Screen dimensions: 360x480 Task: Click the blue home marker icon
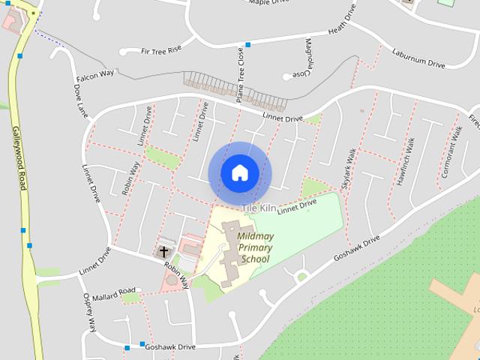point(240,173)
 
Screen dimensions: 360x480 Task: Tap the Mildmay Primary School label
point(255,248)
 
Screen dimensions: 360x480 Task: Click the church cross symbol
point(163,252)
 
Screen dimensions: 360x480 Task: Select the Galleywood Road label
point(19,157)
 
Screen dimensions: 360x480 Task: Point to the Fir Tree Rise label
point(161,50)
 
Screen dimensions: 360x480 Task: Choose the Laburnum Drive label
point(418,58)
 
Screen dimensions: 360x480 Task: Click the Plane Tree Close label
point(241,75)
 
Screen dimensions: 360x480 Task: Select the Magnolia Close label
point(308,58)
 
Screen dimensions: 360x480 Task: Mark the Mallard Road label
point(115,290)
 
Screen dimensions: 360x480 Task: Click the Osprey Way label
point(90,312)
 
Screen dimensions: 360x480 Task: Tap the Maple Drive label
point(268,2)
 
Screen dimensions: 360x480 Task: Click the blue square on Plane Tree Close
point(247,45)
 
